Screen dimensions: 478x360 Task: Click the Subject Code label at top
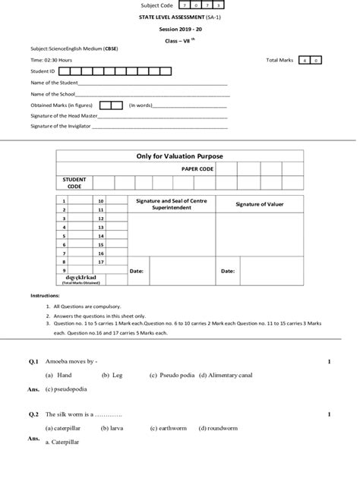tap(159, 5)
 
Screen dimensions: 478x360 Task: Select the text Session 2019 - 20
tap(179, 29)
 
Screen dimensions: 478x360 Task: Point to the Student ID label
tap(43, 71)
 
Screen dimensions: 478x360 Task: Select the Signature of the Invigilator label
tap(60, 126)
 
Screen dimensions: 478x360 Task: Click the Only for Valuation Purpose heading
tap(179, 156)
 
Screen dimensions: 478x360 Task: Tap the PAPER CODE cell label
tap(197, 168)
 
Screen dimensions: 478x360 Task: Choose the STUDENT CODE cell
tap(74, 182)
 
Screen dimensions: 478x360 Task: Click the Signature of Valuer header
tap(259, 204)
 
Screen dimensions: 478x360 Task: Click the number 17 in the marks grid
tap(100, 261)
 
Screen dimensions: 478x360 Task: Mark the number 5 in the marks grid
tap(65, 235)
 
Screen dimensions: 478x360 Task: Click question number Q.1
tap(33, 362)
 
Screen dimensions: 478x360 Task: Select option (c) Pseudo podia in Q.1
tap(172, 375)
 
